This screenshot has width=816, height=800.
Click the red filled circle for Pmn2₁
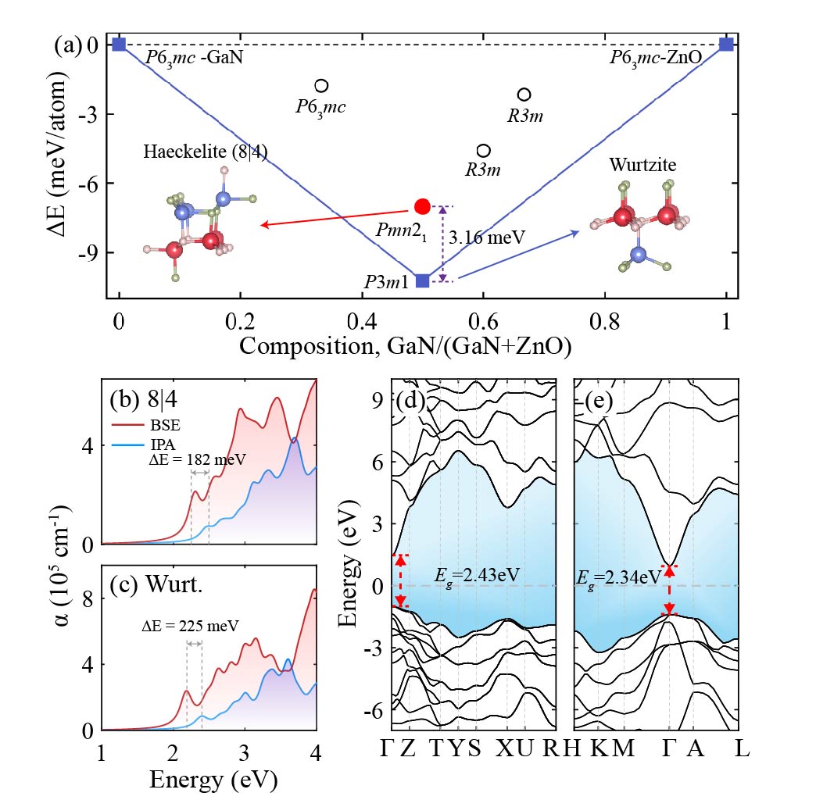point(422,206)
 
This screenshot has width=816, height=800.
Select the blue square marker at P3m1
point(422,280)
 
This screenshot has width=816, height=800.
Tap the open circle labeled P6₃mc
point(321,85)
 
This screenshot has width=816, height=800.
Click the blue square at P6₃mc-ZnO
point(727,44)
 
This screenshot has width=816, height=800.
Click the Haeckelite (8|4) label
point(206,152)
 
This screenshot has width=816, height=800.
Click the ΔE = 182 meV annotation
point(197,460)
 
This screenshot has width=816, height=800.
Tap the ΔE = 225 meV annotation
point(190,625)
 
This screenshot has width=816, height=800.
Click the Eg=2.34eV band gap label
point(617,577)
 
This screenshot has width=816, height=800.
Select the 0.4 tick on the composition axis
point(361,320)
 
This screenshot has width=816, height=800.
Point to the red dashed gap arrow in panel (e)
point(669,590)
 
